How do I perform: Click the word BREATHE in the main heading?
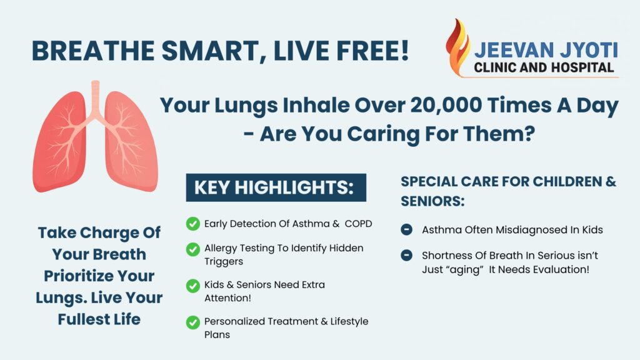coord(92,51)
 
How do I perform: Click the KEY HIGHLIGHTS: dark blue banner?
coord(276,187)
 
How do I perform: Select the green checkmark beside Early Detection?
coord(193,224)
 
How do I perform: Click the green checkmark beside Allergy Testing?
coord(193,249)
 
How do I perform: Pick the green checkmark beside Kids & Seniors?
coord(193,286)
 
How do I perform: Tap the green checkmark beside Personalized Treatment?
coord(193,322)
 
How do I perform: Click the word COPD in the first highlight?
coord(358,224)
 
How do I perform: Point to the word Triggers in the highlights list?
coord(224,262)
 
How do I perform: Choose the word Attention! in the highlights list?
coord(227,298)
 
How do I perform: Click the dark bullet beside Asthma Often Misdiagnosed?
coord(406,229)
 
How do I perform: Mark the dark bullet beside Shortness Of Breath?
coord(406,255)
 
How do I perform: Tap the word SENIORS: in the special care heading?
coord(432,201)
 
